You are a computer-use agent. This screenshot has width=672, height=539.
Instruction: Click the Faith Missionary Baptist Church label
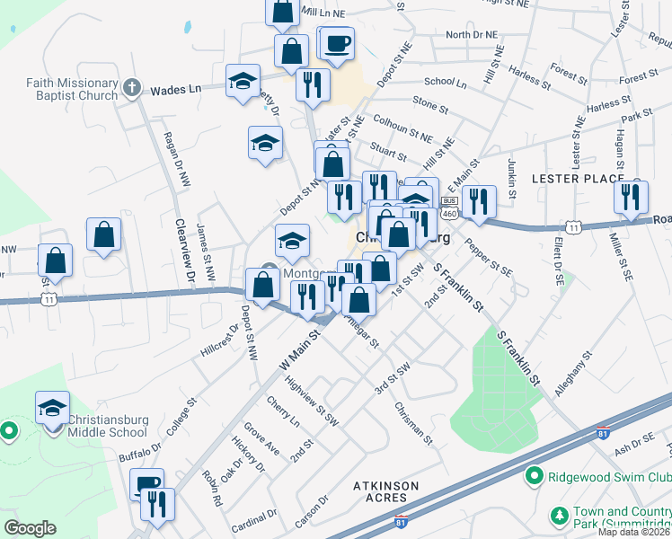point(72,89)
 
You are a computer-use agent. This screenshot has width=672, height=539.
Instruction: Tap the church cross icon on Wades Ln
point(132,88)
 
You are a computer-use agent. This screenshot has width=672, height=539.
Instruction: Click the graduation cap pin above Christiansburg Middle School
point(52,408)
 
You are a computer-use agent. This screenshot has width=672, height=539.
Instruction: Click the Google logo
point(30,528)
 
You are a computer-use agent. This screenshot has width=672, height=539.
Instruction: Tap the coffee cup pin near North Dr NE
point(338,42)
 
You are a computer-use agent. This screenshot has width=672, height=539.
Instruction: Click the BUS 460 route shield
point(450,206)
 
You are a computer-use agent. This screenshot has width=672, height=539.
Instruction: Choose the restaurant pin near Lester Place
point(632,197)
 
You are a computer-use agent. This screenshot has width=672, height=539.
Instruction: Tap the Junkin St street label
point(511,172)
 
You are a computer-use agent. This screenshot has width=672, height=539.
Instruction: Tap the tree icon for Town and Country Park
point(559,516)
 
